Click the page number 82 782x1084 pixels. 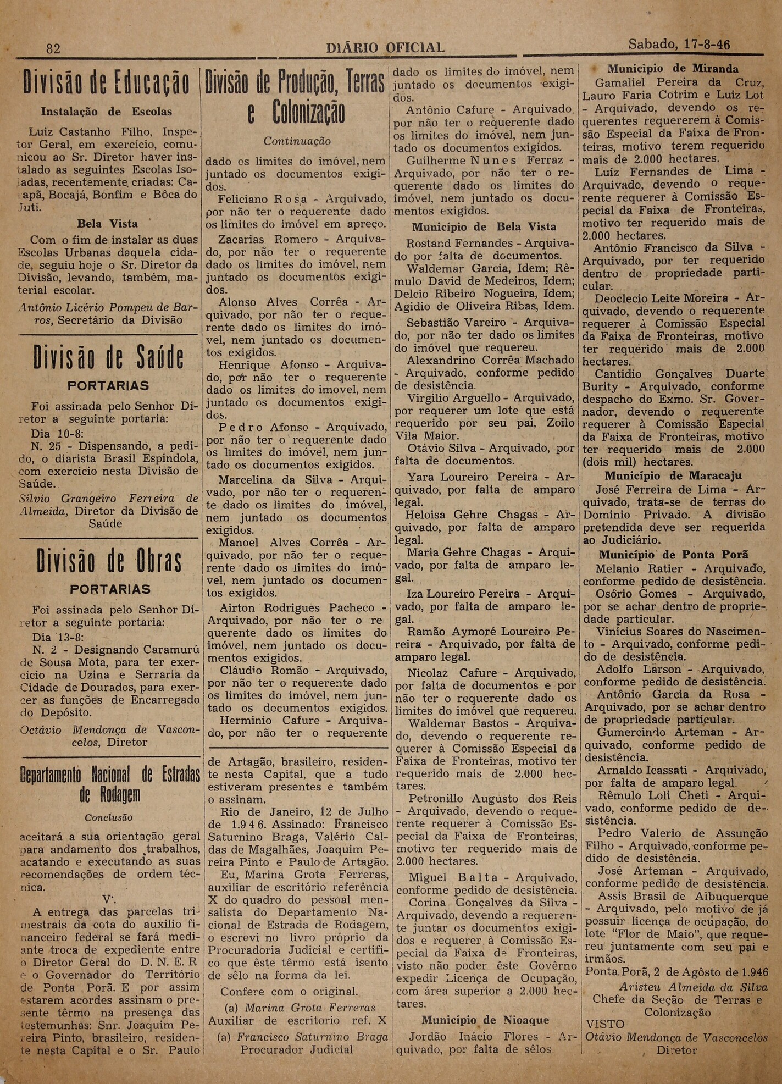click(x=53, y=48)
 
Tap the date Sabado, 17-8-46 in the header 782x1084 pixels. click(x=679, y=45)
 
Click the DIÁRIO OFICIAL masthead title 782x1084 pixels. click(x=385, y=48)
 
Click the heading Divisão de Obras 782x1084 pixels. click(x=109, y=561)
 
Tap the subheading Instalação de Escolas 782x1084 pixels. click(x=106, y=112)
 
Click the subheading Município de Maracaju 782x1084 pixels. click(x=673, y=476)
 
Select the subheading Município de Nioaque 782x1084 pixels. click(x=485, y=1020)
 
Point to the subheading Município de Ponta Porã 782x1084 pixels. click(x=673, y=555)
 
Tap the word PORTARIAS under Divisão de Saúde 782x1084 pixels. click(x=109, y=386)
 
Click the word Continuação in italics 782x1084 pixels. click(x=297, y=141)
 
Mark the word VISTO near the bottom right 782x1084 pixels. click(x=605, y=1025)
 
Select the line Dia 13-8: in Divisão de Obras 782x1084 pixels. click(x=58, y=638)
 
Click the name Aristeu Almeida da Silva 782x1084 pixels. click(x=685, y=987)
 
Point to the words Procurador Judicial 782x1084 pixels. click(x=296, y=1049)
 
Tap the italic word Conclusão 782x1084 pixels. click(x=108, y=817)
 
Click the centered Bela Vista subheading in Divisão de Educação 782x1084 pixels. click(x=107, y=224)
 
